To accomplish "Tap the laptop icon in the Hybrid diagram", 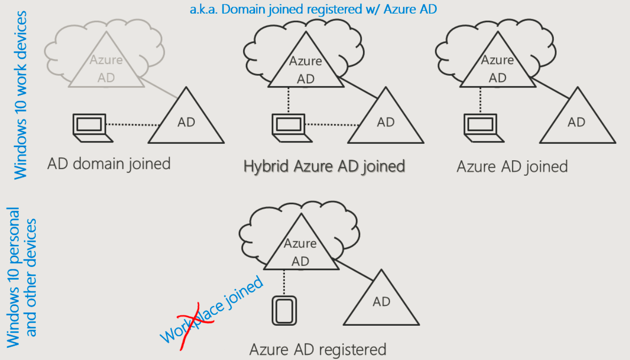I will [288, 127].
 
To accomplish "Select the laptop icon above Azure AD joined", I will [480, 127].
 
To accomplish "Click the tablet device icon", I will [283, 310].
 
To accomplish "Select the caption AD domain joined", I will [109, 164].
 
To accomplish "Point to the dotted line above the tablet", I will [283, 282].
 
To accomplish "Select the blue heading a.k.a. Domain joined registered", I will [313, 9].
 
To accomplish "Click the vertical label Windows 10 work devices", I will [21, 94].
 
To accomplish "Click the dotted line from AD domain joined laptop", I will [133, 125].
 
